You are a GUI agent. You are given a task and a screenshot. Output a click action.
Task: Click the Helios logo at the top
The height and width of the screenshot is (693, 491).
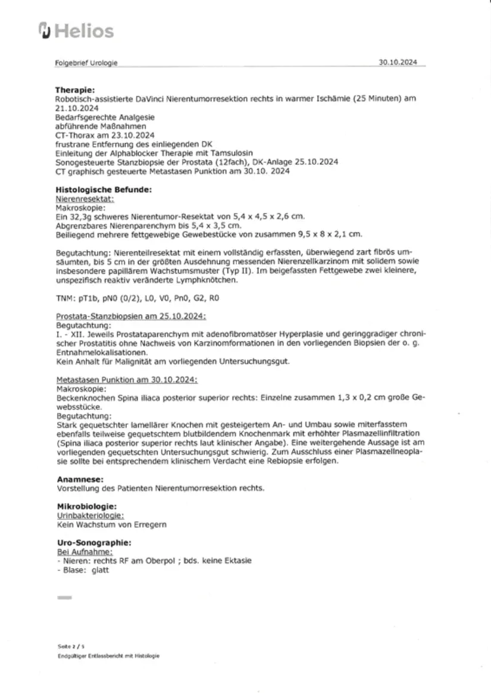(x=76, y=30)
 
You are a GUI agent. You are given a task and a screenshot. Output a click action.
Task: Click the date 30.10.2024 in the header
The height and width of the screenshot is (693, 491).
(x=402, y=62)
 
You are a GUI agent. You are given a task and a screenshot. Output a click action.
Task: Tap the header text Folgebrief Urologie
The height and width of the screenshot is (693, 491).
(x=86, y=63)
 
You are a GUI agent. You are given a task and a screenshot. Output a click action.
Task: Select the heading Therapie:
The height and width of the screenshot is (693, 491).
(x=75, y=90)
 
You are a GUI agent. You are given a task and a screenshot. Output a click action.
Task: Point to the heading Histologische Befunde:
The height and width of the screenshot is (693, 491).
(x=104, y=189)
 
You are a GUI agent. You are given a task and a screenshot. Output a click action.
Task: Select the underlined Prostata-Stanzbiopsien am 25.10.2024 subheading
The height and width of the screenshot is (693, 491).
(x=131, y=318)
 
